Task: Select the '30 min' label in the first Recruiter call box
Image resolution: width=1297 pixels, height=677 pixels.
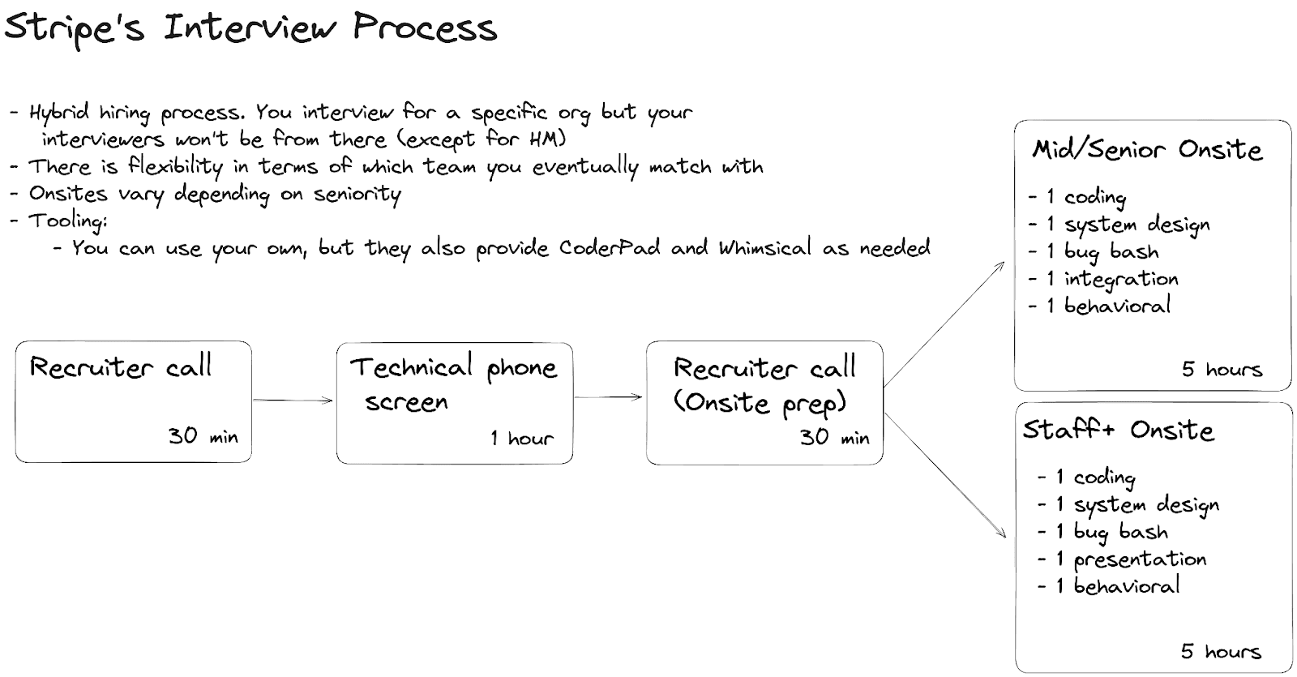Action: click(203, 436)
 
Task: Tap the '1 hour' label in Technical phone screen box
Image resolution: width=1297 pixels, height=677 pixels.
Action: click(521, 439)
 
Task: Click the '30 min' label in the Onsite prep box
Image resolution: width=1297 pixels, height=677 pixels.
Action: click(834, 438)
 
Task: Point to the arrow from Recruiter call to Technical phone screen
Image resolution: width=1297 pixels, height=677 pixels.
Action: click(293, 400)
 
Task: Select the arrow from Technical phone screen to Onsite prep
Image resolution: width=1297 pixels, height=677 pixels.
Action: click(608, 397)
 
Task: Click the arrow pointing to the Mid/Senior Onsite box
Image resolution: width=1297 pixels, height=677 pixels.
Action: click(944, 324)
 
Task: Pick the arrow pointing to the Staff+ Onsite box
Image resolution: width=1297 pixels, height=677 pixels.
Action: click(945, 475)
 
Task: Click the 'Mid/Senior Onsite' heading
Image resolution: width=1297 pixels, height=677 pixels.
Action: click(1147, 150)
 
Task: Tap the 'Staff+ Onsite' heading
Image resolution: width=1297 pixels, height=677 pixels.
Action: click(1119, 430)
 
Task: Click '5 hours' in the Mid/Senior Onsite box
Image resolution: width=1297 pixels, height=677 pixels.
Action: click(1222, 370)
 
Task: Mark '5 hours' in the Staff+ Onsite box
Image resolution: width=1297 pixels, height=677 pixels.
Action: click(1221, 651)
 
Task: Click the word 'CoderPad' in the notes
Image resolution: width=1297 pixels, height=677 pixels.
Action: click(609, 247)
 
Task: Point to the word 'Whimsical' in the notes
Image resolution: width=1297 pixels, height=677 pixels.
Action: click(764, 247)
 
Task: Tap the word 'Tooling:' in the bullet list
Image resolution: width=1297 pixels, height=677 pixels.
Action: click(68, 221)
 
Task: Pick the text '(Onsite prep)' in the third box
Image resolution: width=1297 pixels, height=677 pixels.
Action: click(760, 403)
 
